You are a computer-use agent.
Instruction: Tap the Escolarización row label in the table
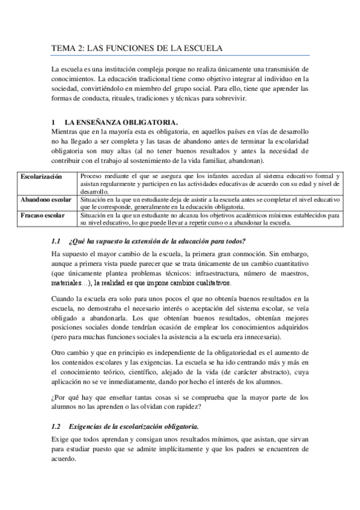[x=41, y=176]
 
